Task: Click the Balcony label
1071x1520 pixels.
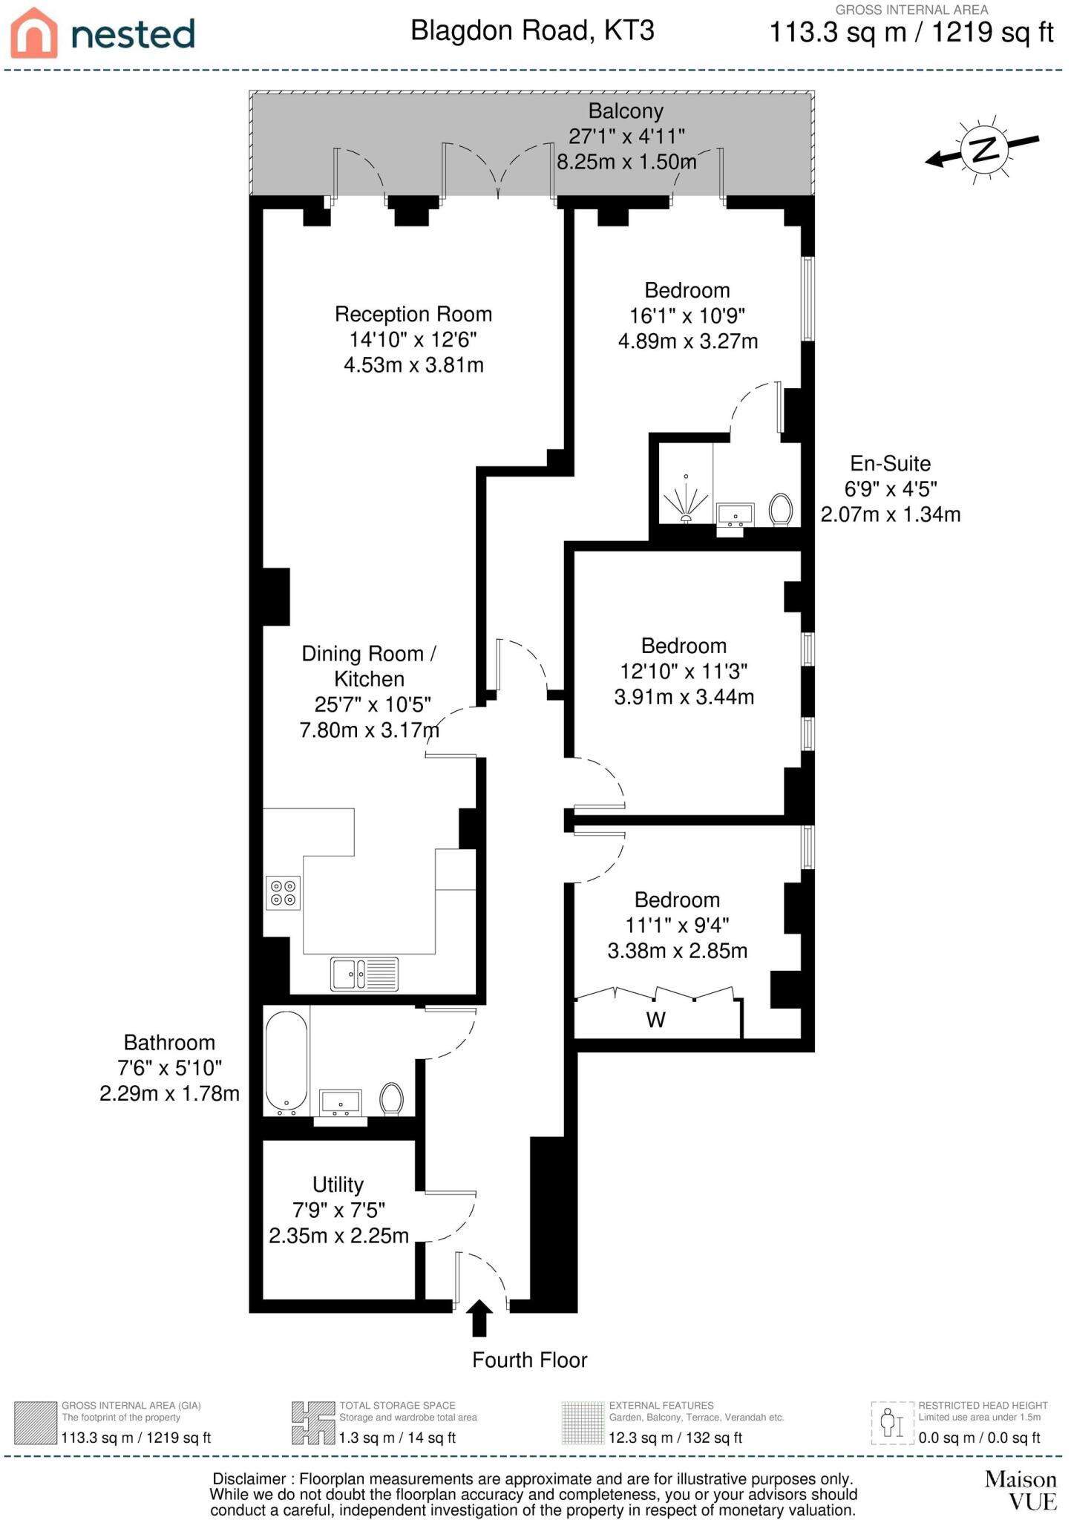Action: (x=626, y=111)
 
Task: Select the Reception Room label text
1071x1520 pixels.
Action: (x=413, y=314)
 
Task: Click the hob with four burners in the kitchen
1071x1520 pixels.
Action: (x=283, y=893)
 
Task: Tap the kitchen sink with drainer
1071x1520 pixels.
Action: (x=364, y=974)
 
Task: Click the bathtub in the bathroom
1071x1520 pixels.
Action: (x=286, y=1062)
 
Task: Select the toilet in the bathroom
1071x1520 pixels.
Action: (x=391, y=1098)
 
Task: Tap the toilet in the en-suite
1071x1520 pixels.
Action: (x=780, y=510)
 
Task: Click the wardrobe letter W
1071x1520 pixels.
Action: (x=655, y=1020)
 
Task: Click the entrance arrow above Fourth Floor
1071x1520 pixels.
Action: (x=480, y=1318)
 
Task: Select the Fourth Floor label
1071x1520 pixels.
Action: (x=529, y=1360)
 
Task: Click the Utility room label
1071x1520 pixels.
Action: (x=338, y=1185)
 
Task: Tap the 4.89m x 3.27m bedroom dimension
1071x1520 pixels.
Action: (x=688, y=341)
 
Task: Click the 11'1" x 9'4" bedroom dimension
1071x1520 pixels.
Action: (x=677, y=926)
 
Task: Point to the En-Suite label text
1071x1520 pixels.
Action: (x=890, y=464)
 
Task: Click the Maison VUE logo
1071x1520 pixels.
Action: (x=1020, y=1490)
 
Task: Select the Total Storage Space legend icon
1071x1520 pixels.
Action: (x=312, y=1423)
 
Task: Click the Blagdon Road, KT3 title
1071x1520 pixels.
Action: (x=532, y=31)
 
